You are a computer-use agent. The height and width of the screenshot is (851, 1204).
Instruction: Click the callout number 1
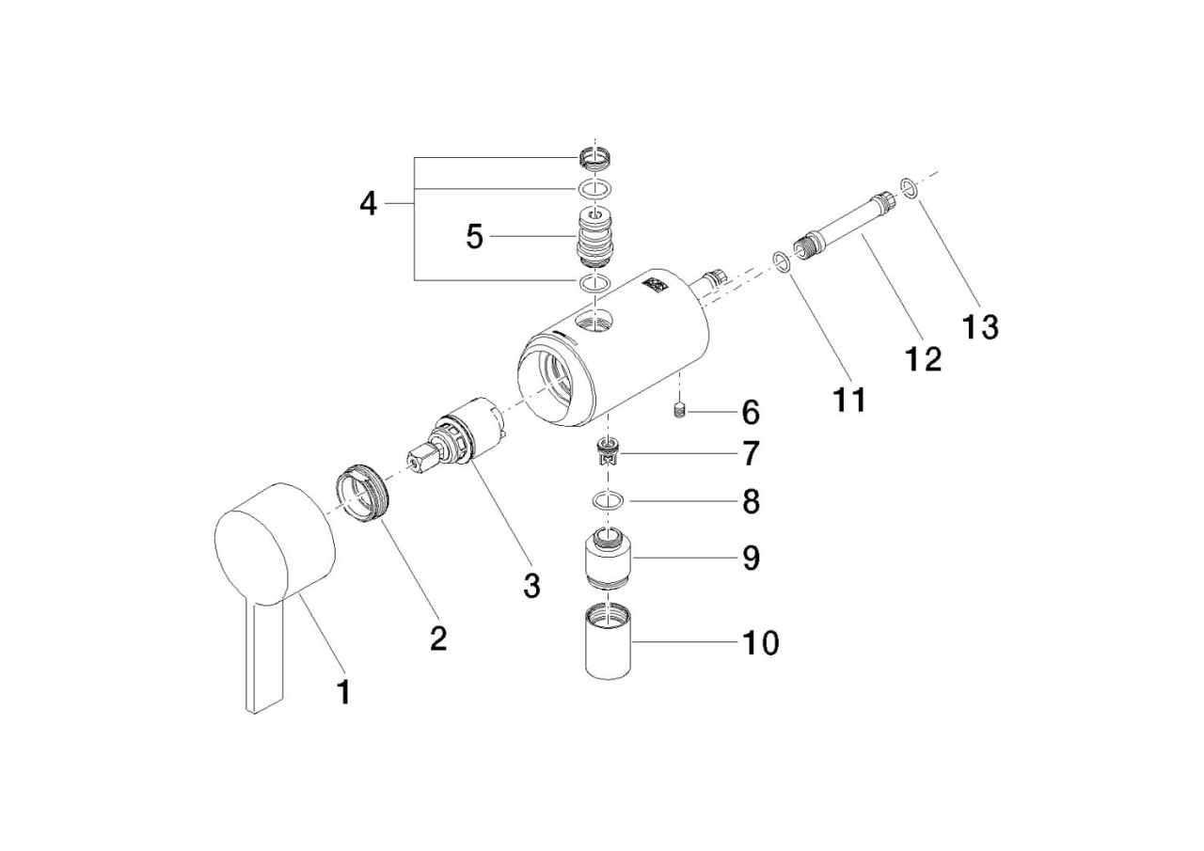[x=343, y=693]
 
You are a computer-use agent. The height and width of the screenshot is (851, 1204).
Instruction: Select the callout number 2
[x=437, y=638]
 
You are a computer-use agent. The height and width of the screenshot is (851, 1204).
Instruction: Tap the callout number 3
[x=531, y=585]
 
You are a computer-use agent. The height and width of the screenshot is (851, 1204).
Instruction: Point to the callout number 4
[x=369, y=203]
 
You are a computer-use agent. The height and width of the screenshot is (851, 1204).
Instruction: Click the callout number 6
[x=750, y=412]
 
